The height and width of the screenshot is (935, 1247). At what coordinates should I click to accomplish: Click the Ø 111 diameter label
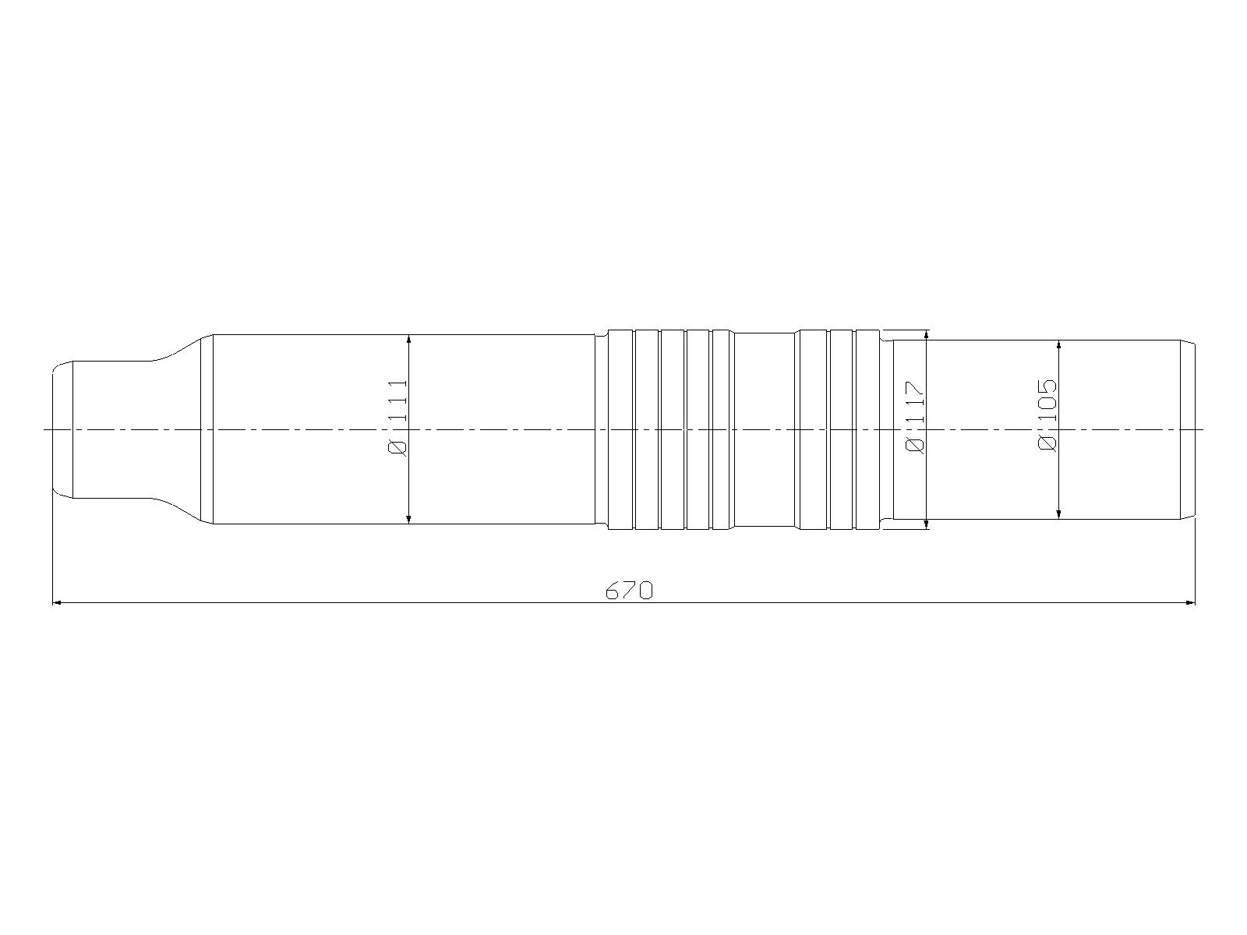point(397,418)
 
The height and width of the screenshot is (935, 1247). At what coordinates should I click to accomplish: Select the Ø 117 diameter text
point(915,418)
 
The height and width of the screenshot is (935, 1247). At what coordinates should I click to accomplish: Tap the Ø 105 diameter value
point(1047,415)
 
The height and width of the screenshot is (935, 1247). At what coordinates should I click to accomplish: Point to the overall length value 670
point(629,591)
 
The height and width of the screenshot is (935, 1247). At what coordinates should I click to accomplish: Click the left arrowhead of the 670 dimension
point(57,603)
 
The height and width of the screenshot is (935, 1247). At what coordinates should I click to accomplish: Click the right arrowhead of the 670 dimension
point(1189,603)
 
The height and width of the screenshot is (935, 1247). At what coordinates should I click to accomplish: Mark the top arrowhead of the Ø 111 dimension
point(409,340)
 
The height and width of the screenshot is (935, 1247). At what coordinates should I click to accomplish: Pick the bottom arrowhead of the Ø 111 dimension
point(409,519)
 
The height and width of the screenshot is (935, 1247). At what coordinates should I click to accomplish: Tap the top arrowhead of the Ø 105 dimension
point(1058,345)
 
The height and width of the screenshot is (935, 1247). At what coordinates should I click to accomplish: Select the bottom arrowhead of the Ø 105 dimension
point(1058,514)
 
